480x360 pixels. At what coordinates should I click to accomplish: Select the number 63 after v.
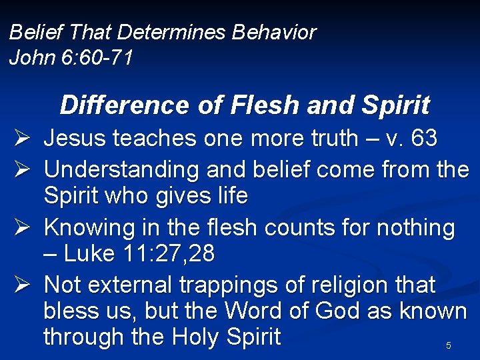click(424, 139)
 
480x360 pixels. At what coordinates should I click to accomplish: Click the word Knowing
click(89, 228)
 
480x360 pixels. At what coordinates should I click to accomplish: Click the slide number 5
click(449, 345)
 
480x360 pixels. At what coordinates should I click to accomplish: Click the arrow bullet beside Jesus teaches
click(20, 139)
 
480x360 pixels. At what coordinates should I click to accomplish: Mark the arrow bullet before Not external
click(20, 285)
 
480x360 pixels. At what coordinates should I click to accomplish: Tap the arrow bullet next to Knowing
click(20, 228)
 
